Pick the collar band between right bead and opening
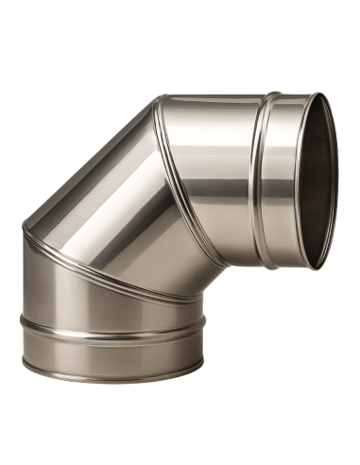tap(287, 180)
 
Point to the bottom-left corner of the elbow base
tap(23, 364)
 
